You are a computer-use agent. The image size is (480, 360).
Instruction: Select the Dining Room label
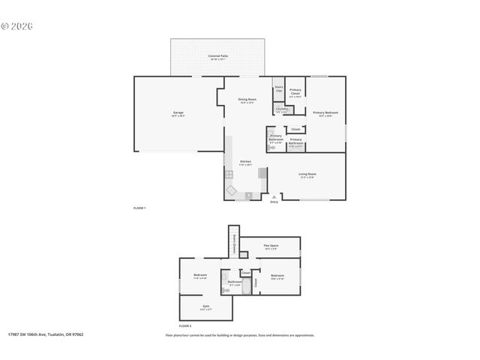(x=247, y=100)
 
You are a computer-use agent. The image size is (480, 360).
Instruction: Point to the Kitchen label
(x=245, y=162)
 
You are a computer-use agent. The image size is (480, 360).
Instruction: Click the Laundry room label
(x=281, y=109)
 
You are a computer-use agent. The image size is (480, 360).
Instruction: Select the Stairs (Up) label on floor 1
(x=278, y=88)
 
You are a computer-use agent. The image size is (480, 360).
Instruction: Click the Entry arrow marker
(x=274, y=196)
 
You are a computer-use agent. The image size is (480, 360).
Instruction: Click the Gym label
(x=205, y=307)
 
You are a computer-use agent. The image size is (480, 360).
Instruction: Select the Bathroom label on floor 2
(x=235, y=283)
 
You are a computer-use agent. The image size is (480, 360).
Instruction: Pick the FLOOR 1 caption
(x=139, y=207)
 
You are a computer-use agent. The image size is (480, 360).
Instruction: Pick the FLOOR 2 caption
(x=184, y=326)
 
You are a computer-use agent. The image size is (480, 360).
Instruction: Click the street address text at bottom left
(x=46, y=334)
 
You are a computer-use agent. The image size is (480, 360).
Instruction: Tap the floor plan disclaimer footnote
(x=239, y=335)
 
